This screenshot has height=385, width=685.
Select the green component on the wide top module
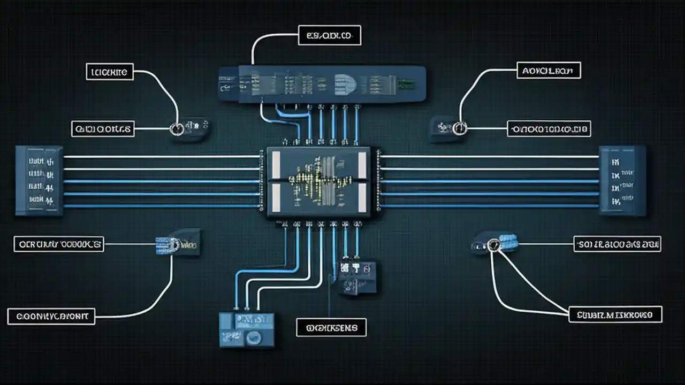406,83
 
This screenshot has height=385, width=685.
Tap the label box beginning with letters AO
549,70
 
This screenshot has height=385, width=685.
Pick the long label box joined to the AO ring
549,128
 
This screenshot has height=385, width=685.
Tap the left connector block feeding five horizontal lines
39,181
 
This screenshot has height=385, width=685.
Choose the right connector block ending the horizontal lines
622,180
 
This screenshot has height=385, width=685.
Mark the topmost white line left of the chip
161,157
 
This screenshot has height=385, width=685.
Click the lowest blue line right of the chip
490,205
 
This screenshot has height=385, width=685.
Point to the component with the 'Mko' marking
179,244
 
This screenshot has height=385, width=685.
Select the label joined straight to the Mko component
58,244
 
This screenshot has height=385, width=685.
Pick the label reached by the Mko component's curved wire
51,317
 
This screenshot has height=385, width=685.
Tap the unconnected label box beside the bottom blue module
331,327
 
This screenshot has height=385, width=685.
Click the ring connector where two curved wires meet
493,245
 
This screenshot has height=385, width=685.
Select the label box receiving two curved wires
615,314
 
